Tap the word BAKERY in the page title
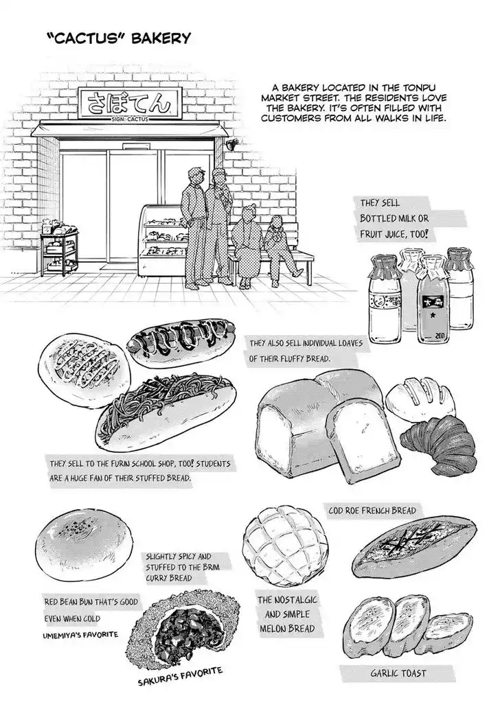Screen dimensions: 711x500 (x=162, y=38)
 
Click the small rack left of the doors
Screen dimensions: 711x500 (x=60, y=251)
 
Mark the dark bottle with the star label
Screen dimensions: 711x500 (x=433, y=295)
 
